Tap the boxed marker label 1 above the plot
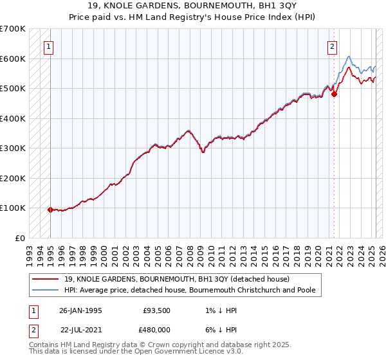click(49, 46)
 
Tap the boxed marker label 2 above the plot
click(332, 46)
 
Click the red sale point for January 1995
click(50, 210)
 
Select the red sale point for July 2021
click(334, 94)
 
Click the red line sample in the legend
click(46, 279)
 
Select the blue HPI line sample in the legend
click(46, 290)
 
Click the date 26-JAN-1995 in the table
click(80, 310)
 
